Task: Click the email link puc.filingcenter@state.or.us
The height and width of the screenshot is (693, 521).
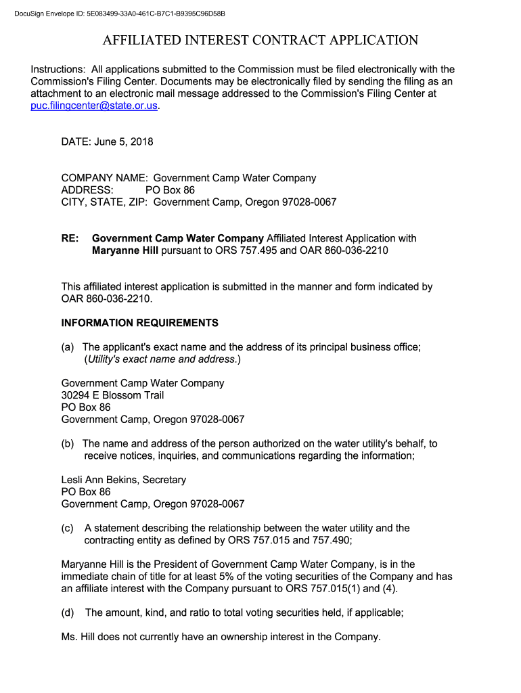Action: pyautogui.click(x=94, y=106)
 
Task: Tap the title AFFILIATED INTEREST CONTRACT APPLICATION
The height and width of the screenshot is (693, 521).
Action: pyautogui.click(x=260, y=41)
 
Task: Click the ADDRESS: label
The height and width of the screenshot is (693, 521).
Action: pyautogui.click(x=87, y=190)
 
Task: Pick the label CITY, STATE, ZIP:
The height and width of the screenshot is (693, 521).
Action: pyautogui.click(x=105, y=202)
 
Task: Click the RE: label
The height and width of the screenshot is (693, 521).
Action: pyautogui.click(x=70, y=238)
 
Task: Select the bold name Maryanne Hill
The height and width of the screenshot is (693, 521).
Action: pyautogui.click(x=124, y=250)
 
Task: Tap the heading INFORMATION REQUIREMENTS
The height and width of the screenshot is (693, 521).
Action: pyautogui.click(x=139, y=323)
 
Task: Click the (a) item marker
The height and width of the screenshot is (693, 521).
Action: pyautogui.click(x=68, y=347)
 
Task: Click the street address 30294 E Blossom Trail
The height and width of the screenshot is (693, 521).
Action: pyautogui.click(x=112, y=395)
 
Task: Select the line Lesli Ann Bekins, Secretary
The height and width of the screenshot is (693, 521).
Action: pyautogui.click(x=123, y=480)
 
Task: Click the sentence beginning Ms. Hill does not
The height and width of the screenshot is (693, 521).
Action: pyautogui.click(x=221, y=636)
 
